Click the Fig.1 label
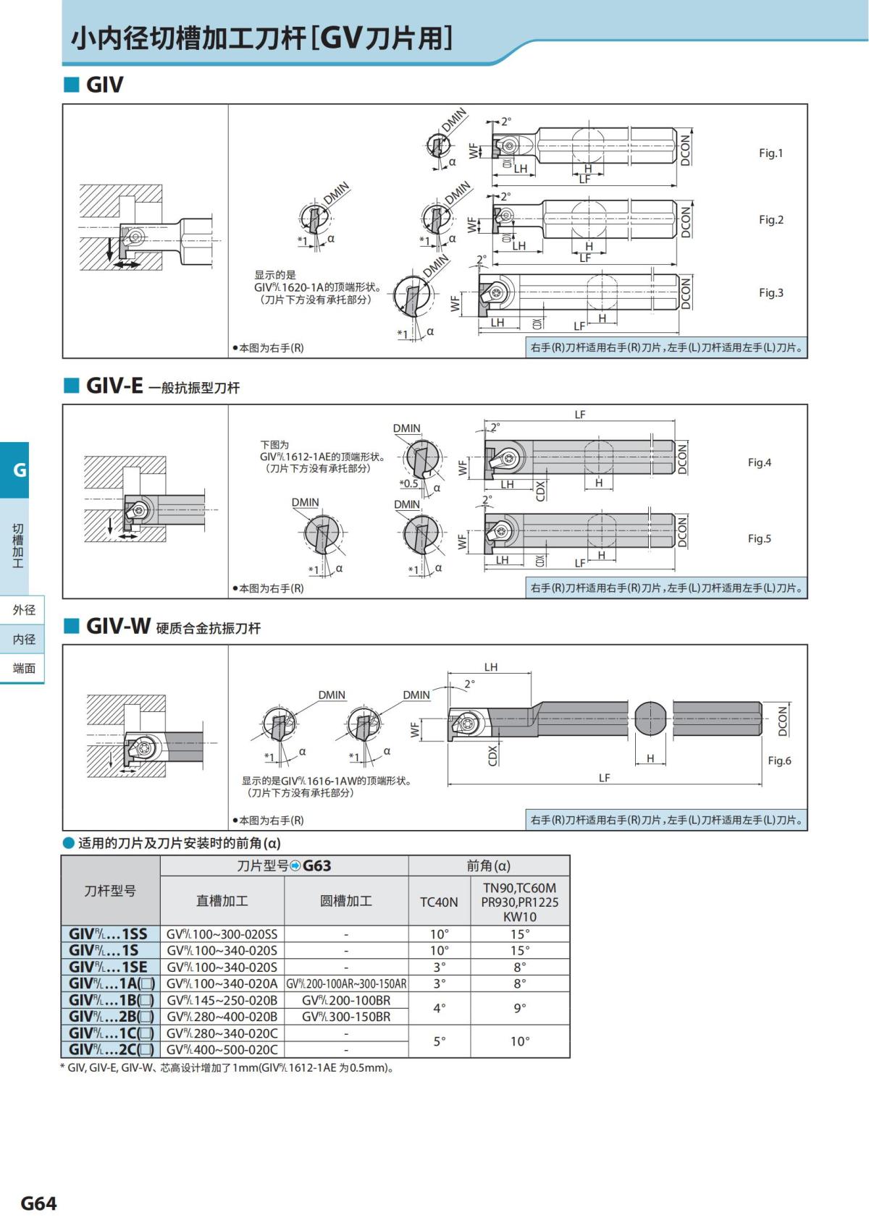click(771, 153)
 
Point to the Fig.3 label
click(771, 292)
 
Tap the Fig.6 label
click(779, 761)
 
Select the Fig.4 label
click(759, 462)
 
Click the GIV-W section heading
click(118, 626)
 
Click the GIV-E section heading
click(114, 386)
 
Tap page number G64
click(38, 1203)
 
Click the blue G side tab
click(19, 470)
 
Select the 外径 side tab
click(23, 610)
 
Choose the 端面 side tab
click(23, 668)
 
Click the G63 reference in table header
click(316, 866)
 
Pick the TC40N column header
click(439, 902)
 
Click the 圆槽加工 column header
click(345, 901)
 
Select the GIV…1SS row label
click(109, 934)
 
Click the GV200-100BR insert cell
click(345, 1000)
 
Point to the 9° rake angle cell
click(519, 1008)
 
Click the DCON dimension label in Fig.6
click(782, 721)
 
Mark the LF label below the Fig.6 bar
click(604, 778)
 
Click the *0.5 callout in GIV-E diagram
click(408, 483)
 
